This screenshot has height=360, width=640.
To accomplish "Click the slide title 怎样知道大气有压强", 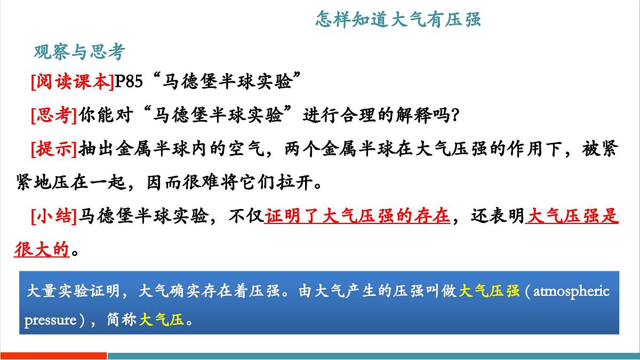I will (398, 20).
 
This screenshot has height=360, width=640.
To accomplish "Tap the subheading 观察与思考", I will (79, 52).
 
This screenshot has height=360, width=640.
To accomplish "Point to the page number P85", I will (129, 83).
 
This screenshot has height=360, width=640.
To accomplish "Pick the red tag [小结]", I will (54, 217).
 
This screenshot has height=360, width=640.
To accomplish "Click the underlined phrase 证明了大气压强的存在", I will (357, 217).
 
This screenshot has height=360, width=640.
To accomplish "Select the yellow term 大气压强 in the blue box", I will (489, 292).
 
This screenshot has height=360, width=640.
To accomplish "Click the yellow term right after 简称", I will (161, 320).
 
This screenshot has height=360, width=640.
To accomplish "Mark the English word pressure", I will (51, 320).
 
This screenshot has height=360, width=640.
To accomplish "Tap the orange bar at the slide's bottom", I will (53, 356).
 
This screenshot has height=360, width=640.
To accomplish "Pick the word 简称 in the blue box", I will (120, 320).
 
